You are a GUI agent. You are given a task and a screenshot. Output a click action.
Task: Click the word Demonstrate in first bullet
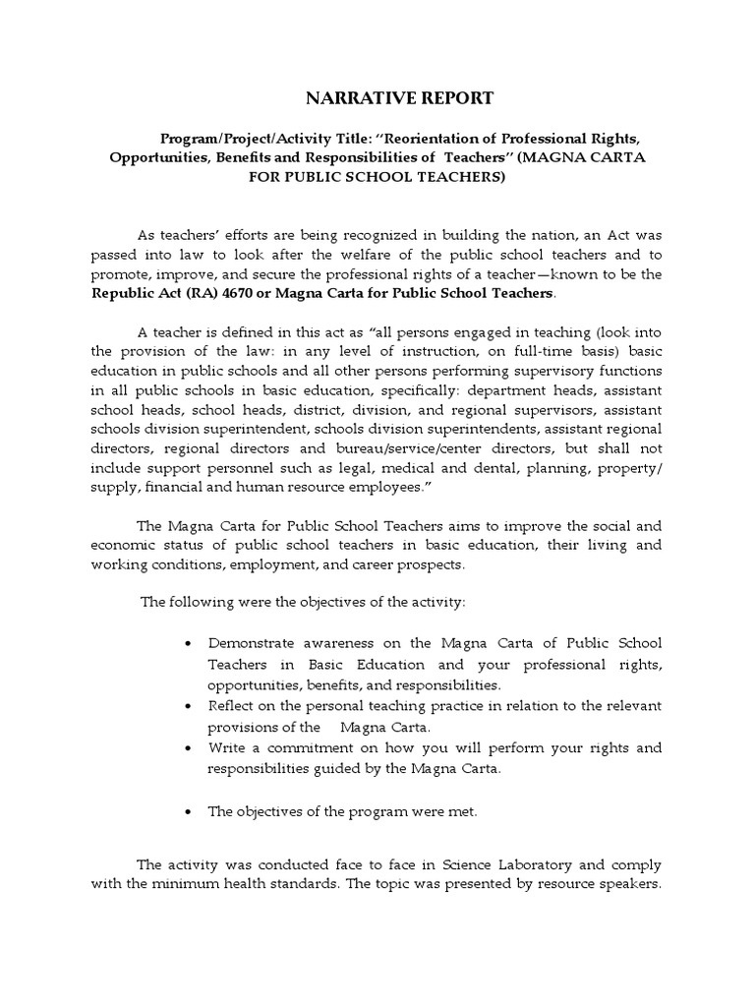tap(253, 643)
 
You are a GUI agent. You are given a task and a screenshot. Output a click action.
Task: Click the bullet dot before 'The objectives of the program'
tap(188, 812)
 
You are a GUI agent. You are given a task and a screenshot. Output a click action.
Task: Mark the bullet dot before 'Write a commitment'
tap(188, 748)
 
